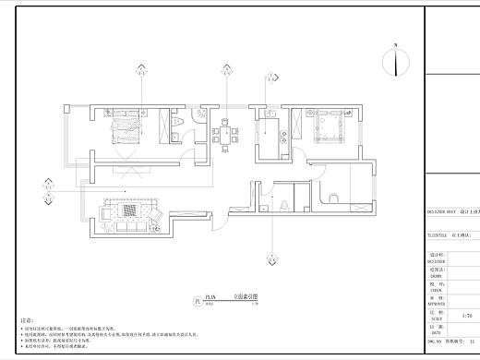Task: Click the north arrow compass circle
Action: [x=396, y=63]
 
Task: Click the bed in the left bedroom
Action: [x=126, y=130]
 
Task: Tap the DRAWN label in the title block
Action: [x=437, y=275]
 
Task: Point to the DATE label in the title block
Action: [x=437, y=331]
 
